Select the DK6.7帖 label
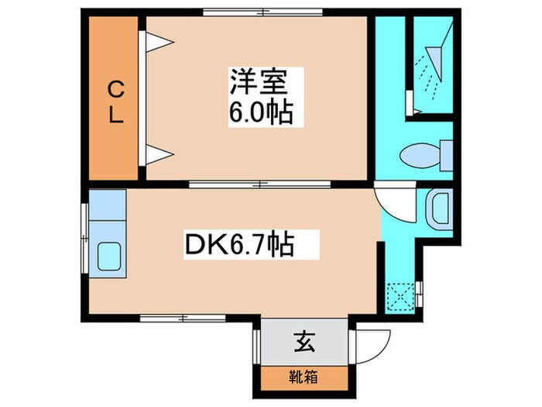click(x=238, y=247)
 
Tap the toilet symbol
click(x=425, y=154)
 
